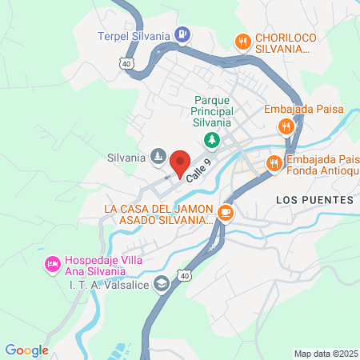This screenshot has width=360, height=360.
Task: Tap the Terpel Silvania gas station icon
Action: point(183,34)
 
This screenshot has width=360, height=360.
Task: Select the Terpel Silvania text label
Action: point(134,35)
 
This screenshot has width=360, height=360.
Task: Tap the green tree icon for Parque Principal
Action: point(211,141)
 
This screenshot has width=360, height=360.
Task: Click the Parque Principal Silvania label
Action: point(211,111)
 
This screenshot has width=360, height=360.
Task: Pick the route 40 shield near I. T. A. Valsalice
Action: point(184,275)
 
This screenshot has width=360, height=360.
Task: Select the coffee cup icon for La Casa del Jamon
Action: point(226,212)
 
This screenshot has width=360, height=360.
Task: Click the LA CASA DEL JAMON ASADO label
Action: point(158,214)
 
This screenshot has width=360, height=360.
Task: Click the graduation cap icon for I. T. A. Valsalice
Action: point(162,283)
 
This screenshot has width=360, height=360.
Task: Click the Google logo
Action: point(27,350)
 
